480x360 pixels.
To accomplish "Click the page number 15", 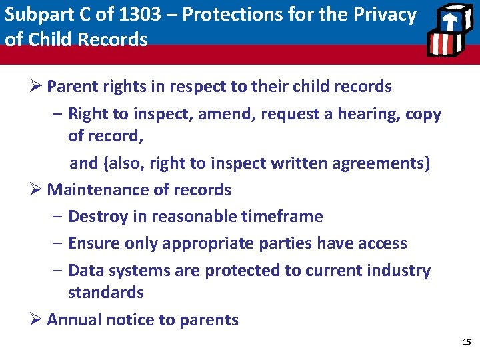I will click(466, 342).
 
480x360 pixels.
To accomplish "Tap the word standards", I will click(106, 293).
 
